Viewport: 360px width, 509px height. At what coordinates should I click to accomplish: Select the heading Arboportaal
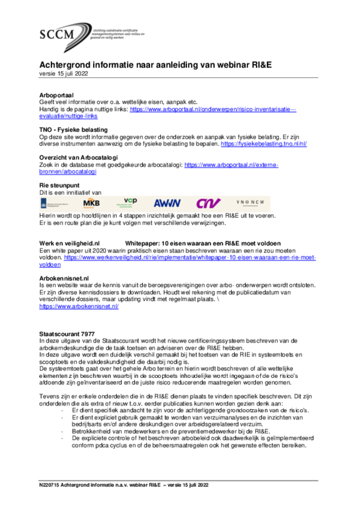56,94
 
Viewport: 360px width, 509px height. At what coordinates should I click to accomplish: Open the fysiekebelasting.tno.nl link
264,144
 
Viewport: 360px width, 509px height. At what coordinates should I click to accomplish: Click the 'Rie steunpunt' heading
59,185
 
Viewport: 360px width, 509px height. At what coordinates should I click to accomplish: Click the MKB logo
91,203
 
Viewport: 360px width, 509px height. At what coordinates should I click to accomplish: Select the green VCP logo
130,202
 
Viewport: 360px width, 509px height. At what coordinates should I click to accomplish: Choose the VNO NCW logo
254,203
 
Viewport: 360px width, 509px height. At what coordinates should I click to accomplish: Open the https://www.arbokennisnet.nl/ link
79,307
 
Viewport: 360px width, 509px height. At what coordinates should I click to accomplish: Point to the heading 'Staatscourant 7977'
67,334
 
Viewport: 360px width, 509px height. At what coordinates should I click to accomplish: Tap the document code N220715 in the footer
52,485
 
